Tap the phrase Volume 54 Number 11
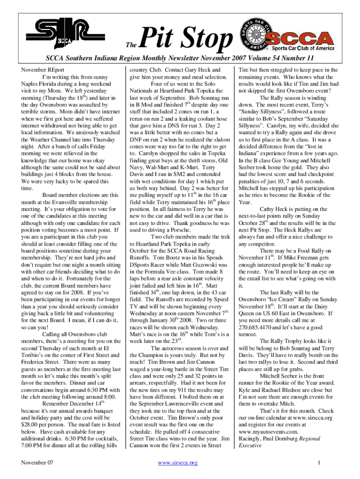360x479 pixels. pyautogui.click(x=274, y=58)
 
